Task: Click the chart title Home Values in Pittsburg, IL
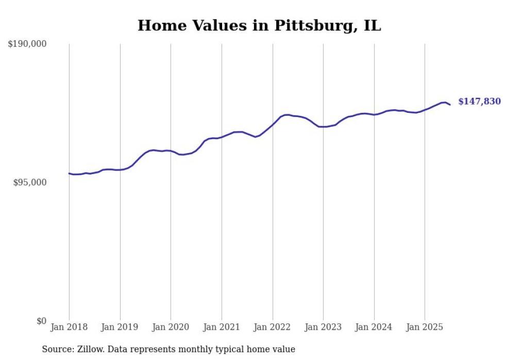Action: pos(259,25)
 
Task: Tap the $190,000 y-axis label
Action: pos(27,44)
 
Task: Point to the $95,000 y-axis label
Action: pos(29,183)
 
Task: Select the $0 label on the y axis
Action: pos(42,321)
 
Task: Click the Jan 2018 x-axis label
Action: pos(69,327)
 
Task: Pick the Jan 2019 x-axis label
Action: pos(120,327)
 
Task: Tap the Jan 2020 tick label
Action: pos(171,327)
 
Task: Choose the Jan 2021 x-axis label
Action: pos(222,327)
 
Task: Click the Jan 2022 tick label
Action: pos(273,327)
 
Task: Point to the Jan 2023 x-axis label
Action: pos(323,327)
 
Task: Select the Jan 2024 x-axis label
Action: pos(374,327)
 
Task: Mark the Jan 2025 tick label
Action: pos(425,327)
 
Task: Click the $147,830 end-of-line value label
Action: pos(479,101)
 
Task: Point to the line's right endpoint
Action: pos(450,105)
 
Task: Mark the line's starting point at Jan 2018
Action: pos(69,174)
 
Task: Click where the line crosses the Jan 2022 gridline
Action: pos(273,125)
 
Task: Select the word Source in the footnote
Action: pos(56,349)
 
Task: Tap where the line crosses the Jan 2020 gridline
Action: pos(171,151)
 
